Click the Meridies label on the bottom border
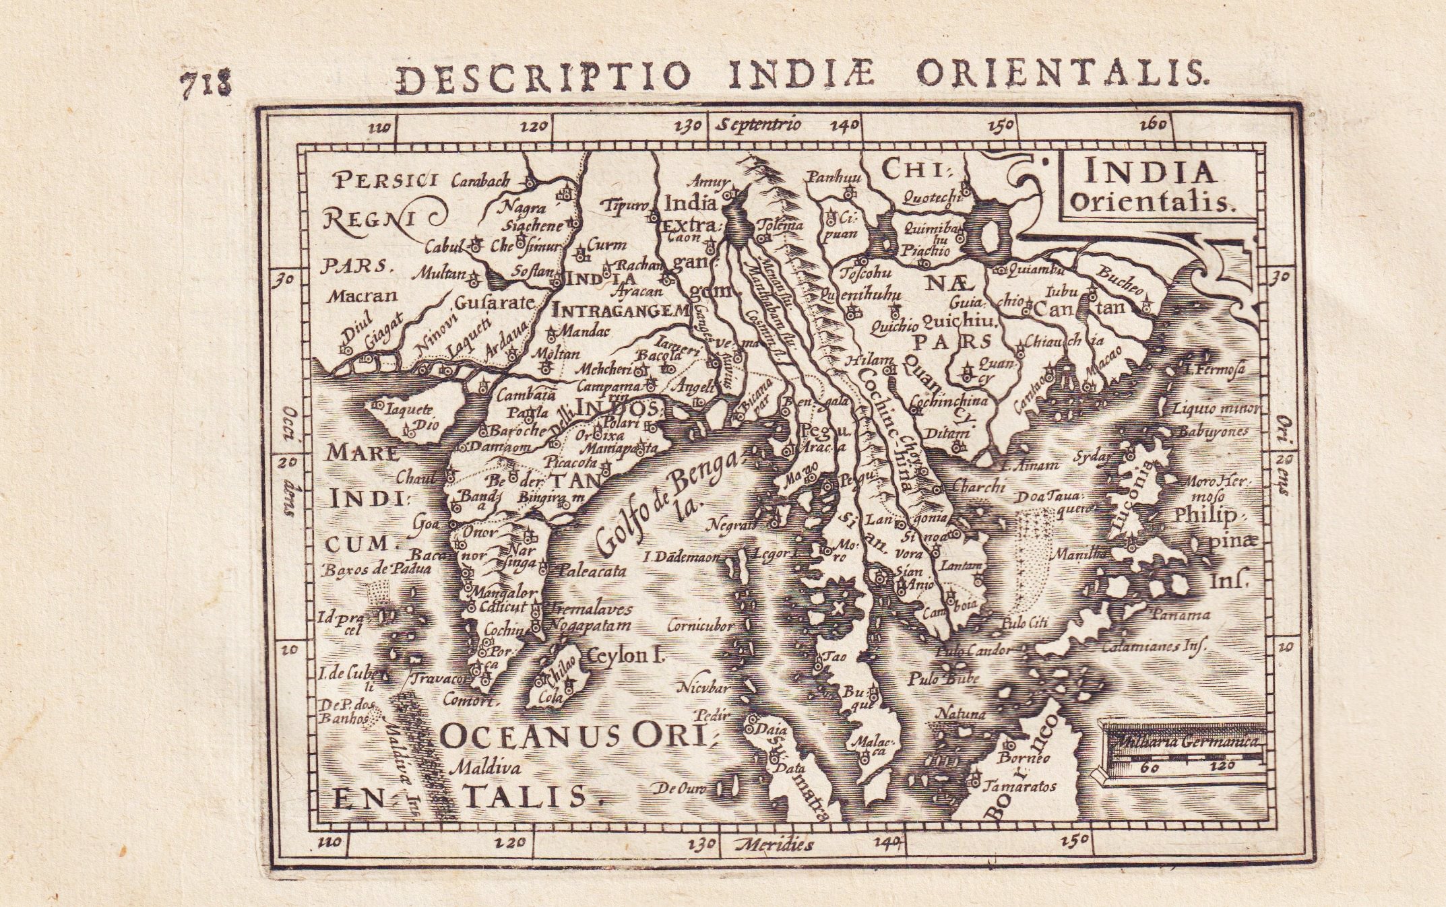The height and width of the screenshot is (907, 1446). (x=775, y=844)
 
